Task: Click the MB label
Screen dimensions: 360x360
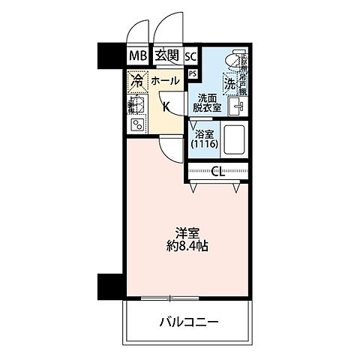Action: (x=136, y=55)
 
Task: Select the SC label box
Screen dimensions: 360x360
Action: (x=190, y=55)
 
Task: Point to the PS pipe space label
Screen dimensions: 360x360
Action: (x=193, y=73)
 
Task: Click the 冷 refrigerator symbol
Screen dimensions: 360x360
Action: (x=137, y=79)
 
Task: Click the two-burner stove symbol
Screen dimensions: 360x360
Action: (x=137, y=124)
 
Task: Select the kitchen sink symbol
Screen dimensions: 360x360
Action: (x=136, y=104)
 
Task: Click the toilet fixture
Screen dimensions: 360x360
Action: (x=238, y=60)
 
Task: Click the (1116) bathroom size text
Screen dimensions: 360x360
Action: (x=202, y=143)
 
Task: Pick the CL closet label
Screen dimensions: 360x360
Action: (x=217, y=171)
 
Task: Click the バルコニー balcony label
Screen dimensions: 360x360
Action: (x=188, y=323)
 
